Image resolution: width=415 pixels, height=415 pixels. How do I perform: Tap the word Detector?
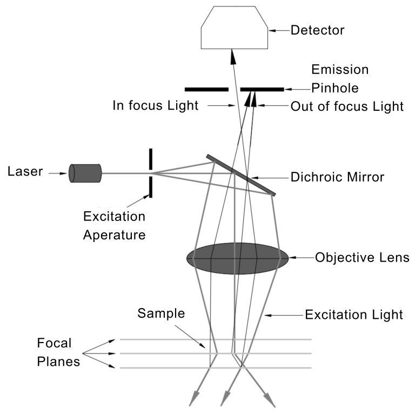tap(317, 30)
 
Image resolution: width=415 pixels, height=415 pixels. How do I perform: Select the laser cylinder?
tap(86, 173)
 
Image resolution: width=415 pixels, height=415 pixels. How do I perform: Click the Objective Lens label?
tap(359, 257)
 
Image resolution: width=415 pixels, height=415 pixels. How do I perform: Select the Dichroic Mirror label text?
tap(338, 177)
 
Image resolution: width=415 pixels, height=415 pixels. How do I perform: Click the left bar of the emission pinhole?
tap(206, 89)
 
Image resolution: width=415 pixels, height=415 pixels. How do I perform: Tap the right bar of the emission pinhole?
tap(262, 89)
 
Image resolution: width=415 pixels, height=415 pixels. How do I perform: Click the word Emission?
tap(340, 70)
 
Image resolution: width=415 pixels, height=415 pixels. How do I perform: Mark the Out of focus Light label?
tap(347, 106)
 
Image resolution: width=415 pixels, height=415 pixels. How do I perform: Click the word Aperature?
tap(114, 235)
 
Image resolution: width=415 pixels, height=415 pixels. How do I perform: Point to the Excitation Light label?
tap(354, 314)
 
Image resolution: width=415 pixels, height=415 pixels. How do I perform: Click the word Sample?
tap(161, 313)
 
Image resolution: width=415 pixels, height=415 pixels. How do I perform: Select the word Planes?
tap(58, 362)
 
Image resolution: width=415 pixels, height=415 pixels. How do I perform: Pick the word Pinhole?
tap(335, 88)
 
